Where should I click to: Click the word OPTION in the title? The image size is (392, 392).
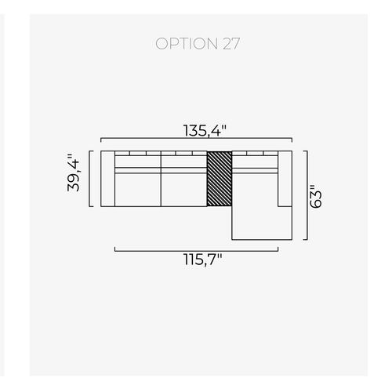click(187, 44)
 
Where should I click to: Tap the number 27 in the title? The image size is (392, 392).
click(231, 44)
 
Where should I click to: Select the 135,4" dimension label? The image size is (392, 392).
click(205, 130)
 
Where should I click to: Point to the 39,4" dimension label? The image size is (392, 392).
click(74, 172)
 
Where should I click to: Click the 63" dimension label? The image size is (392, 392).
click(315, 197)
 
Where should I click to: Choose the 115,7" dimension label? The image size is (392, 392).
click(203, 260)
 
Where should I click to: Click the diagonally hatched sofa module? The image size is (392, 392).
click(220, 179)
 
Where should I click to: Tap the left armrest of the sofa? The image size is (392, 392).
click(108, 179)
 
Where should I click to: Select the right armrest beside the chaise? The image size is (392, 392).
click(285, 179)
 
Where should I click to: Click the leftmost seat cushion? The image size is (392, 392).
click(138, 190)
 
